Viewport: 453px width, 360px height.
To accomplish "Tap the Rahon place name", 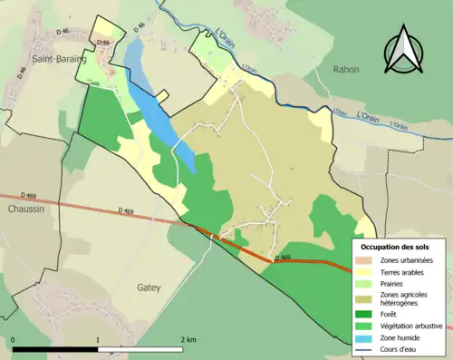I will tap(345, 69).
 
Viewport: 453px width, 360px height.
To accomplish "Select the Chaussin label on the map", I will tap(25, 208).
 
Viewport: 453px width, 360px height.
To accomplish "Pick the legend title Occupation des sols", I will tap(395, 247).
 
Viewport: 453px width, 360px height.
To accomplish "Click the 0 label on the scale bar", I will tap(14, 340).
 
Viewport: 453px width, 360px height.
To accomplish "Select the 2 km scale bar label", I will tap(188, 340).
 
